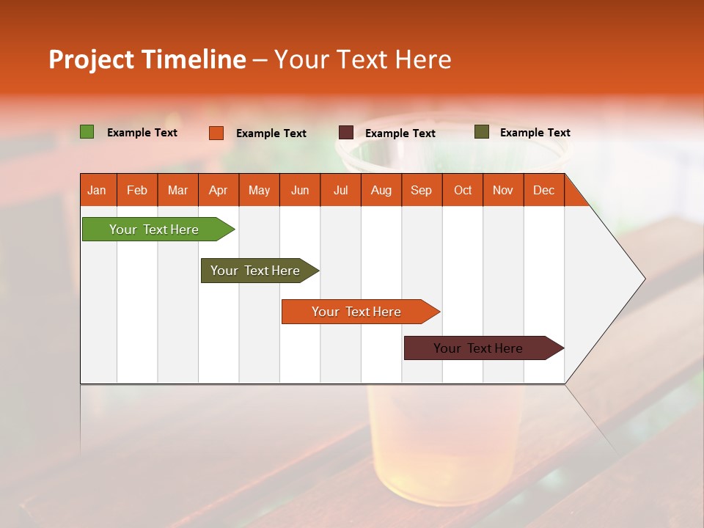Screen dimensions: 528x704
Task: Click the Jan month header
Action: [97, 190]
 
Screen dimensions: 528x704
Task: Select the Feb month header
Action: [137, 190]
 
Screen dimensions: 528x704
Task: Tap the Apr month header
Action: [218, 190]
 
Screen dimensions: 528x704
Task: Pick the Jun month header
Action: [300, 190]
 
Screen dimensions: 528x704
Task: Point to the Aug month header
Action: [381, 190]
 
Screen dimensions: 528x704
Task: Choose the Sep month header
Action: [421, 190]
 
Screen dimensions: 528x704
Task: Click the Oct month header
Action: [463, 190]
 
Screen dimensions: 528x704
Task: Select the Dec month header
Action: [543, 190]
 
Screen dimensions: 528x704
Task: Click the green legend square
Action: [87, 132]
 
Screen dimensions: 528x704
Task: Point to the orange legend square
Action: [216, 133]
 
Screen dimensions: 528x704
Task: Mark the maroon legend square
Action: [346, 133]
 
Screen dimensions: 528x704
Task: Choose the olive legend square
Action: [482, 132]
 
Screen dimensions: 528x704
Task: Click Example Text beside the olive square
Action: [535, 133]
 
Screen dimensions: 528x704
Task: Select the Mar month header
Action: [177, 190]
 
